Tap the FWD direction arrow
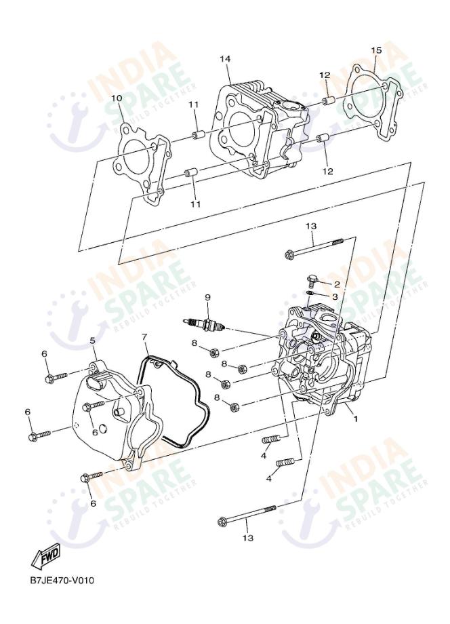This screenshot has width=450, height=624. [x=45, y=556]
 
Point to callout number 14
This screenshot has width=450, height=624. [x=225, y=60]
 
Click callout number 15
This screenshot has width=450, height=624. [x=376, y=50]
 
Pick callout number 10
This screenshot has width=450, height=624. [x=117, y=98]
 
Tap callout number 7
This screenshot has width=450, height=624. [x=144, y=337]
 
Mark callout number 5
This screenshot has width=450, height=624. [x=92, y=340]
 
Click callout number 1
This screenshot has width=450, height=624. [x=355, y=418]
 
